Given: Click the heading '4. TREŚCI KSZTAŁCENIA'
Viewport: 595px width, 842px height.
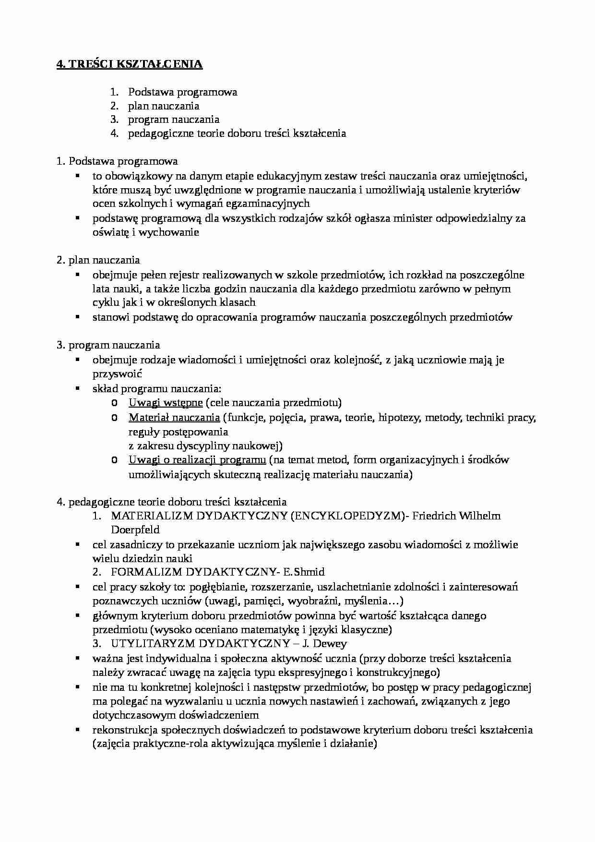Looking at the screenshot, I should pyautogui.click(x=130, y=64).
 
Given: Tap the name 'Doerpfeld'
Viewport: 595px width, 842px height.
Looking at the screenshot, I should pyautogui.click(x=135, y=530).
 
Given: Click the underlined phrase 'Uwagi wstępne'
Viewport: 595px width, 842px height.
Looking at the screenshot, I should pyautogui.click(x=166, y=402).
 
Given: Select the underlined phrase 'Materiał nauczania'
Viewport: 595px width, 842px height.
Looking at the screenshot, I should pyautogui.click(x=174, y=417).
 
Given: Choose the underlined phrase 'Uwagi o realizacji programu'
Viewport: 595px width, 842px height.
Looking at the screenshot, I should pyautogui.click(x=197, y=460).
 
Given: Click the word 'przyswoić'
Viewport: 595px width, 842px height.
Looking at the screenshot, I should pyautogui.click(x=117, y=374).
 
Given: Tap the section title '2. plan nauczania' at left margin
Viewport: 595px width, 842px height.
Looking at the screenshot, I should pyautogui.click(x=98, y=260).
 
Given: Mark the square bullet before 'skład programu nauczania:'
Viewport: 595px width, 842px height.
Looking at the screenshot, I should pyautogui.click(x=77, y=388).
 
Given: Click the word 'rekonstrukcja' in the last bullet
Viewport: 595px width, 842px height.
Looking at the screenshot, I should pyautogui.click(x=122, y=730).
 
